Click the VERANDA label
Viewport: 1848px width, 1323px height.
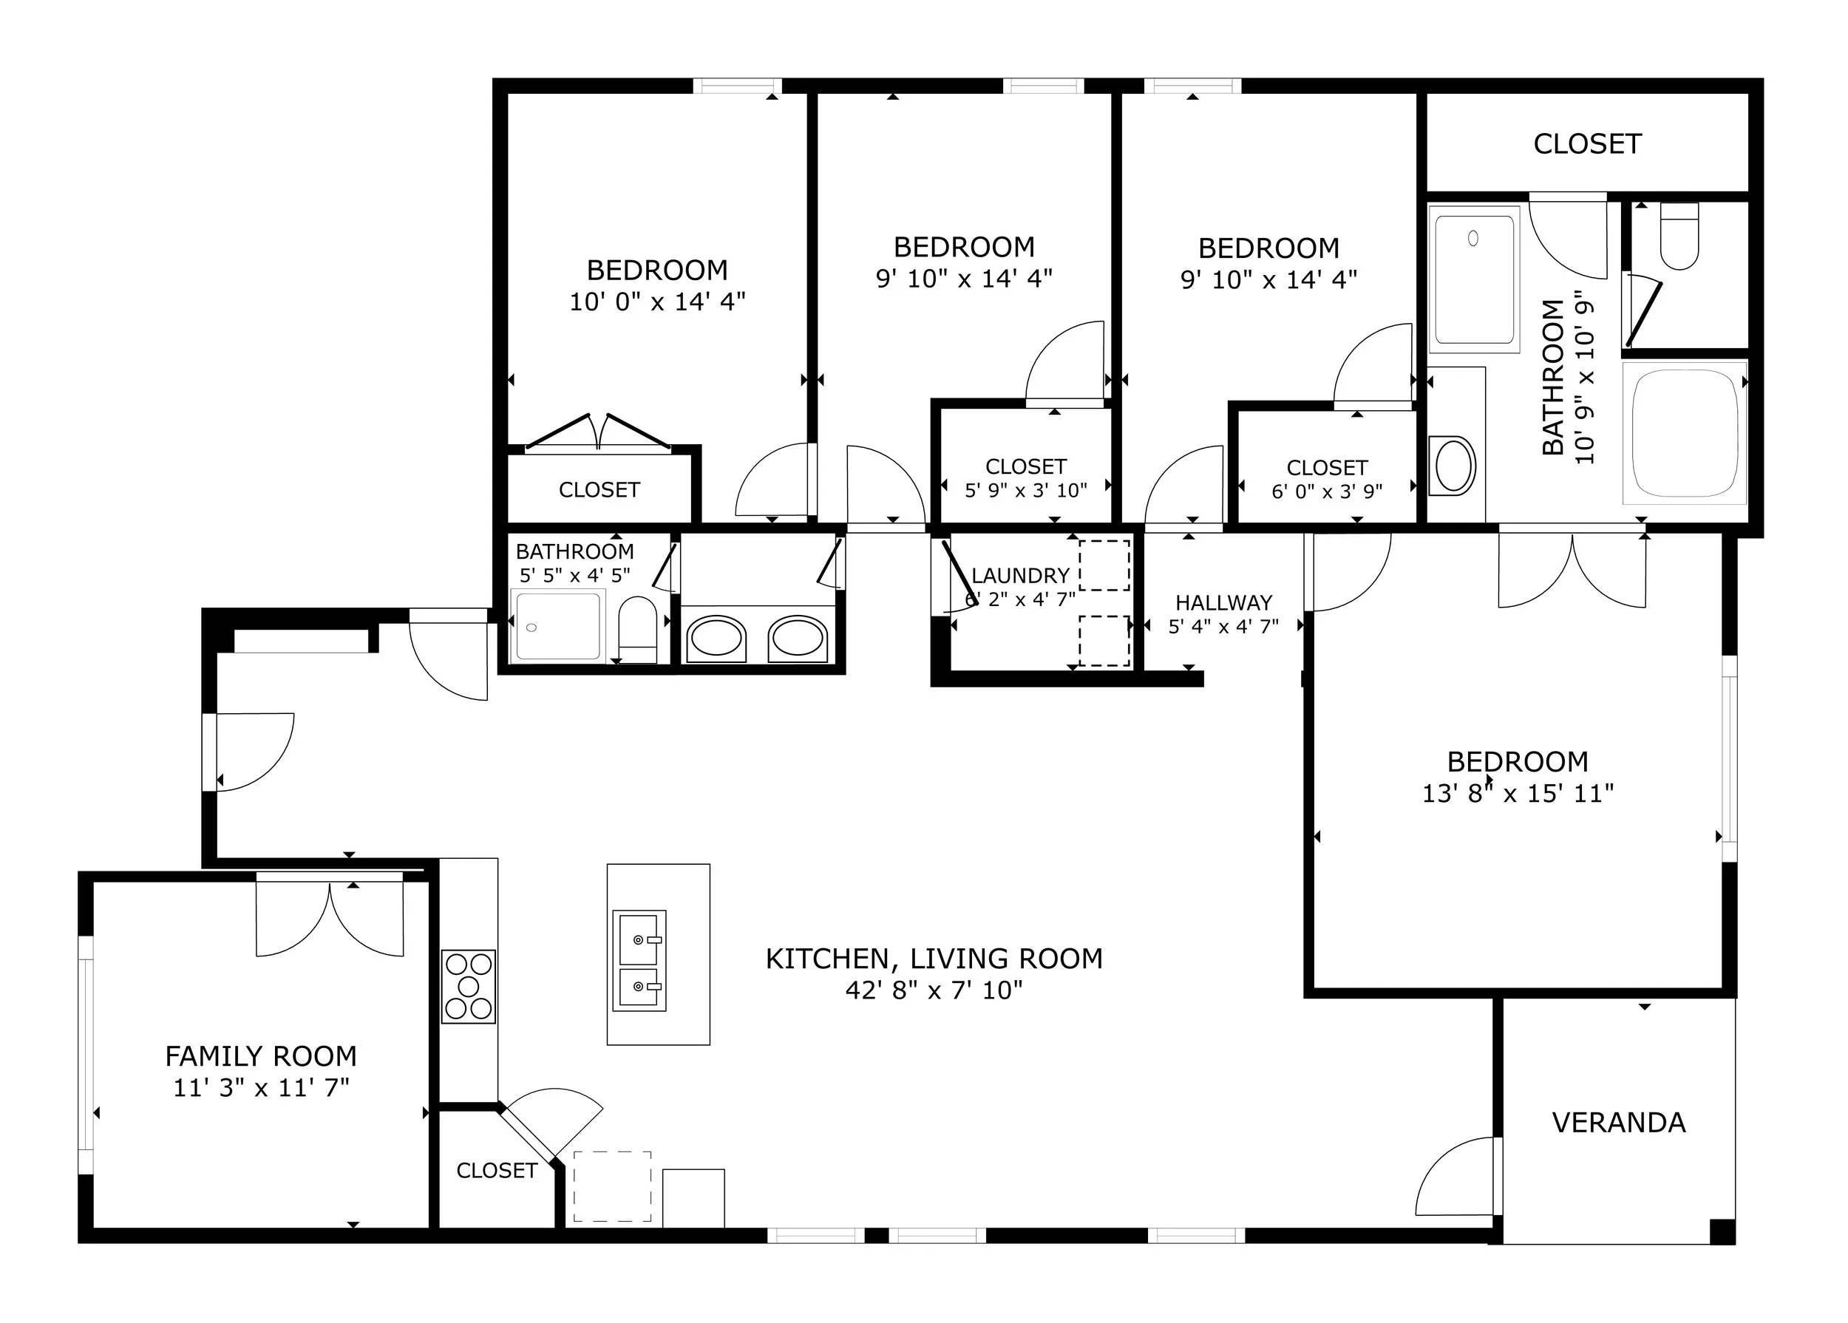click(1618, 1123)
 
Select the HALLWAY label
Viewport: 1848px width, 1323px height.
click(1223, 603)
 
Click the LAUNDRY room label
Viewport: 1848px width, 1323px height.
click(1020, 576)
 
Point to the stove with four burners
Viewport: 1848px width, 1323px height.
click(469, 987)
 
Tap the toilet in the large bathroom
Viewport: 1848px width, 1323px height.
click(1679, 236)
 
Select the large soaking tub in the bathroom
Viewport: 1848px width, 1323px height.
click(1684, 432)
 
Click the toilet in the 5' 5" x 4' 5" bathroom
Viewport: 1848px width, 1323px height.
click(638, 630)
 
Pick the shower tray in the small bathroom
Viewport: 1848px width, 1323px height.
click(558, 626)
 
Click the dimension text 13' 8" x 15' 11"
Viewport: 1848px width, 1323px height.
click(1518, 794)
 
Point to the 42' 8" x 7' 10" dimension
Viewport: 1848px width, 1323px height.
click(934, 990)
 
